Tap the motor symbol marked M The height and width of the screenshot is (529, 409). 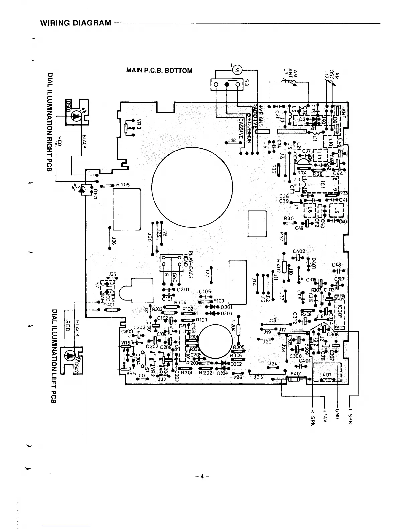(x=237, y=70)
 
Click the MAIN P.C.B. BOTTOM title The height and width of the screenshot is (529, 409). (x=159, y=71)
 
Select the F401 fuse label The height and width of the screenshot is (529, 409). (x=296, y=374)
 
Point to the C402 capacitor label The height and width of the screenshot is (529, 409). (x=299, y=251)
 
